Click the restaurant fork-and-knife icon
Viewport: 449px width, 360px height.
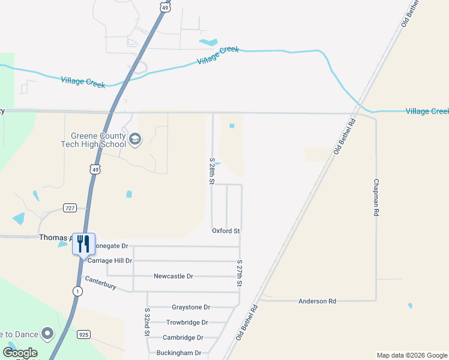[83, 243]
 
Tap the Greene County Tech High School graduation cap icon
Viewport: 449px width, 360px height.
[136, 140]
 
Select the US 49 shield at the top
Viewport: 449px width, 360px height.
[165, 5]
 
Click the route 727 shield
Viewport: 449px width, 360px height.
[70, 208]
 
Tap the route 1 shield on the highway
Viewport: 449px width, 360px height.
[77, 290]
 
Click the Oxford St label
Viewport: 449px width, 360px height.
[226, 231]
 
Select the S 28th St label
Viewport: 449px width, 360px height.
[212, 171]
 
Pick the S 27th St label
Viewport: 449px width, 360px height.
[239, 274]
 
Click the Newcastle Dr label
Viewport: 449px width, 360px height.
[173, 276]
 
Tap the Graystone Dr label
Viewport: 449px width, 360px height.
[191, 307]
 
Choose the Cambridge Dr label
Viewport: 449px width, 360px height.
[183, 338]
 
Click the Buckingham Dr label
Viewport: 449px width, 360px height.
[179, 353]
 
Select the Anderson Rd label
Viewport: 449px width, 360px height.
[318, 301]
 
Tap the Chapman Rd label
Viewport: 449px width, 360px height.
[376, 197]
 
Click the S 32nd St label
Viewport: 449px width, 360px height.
[146, 322]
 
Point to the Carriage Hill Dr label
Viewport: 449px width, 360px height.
[110, 261]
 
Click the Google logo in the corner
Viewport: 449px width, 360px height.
[20, 353]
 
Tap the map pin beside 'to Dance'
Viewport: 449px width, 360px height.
[47, 334]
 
